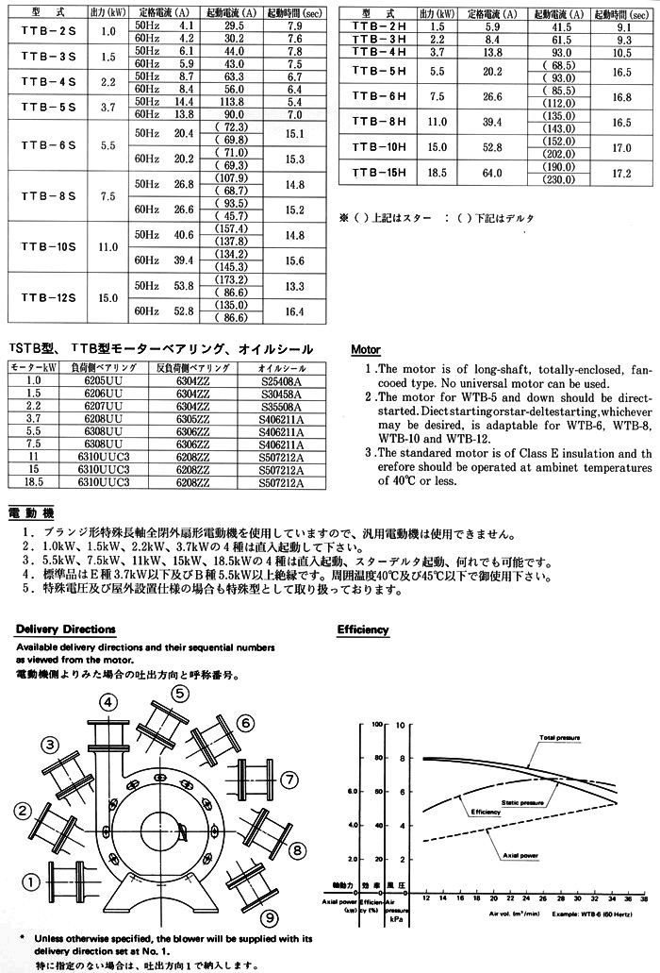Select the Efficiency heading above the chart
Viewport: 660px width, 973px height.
(x=362, y=629)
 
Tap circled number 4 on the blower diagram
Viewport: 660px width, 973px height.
(x=109, y=701)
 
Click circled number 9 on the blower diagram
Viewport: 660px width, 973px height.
(x=271, y=916)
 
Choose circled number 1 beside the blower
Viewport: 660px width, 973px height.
(x=30, y=881)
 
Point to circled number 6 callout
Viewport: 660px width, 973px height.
(x=244, y=723)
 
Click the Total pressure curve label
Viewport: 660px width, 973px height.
(x=559, y=737)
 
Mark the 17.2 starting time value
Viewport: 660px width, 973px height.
(x=620, y=173)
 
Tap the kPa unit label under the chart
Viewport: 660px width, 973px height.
(x=397, y=917)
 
